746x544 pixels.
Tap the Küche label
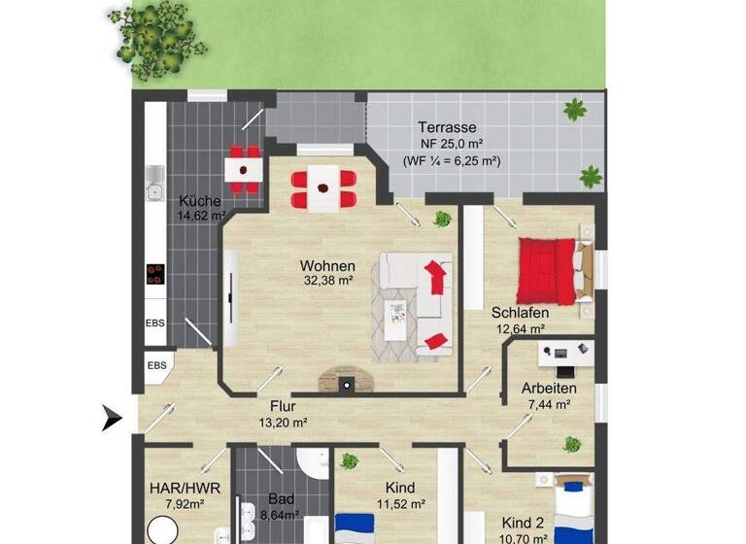point(200,201)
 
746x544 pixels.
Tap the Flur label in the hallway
point(284,407)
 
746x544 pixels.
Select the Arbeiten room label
point(549,389)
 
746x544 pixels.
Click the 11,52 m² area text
point(399,504)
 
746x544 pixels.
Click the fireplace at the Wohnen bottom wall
point(346,381)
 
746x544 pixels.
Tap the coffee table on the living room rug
point(397,315)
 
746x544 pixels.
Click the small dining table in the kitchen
point(243,169)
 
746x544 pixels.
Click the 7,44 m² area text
point(549,405)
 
